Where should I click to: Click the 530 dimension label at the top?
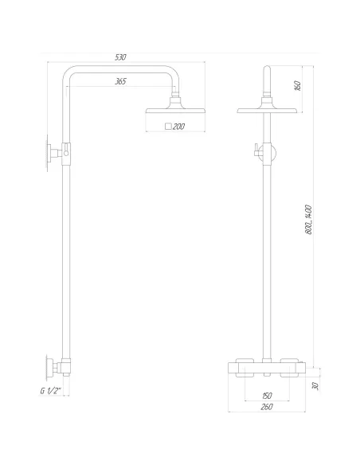[120, 58]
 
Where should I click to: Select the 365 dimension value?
[120, 82]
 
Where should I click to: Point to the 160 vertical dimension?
[298, 87]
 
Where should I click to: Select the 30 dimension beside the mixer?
[316, 385]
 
